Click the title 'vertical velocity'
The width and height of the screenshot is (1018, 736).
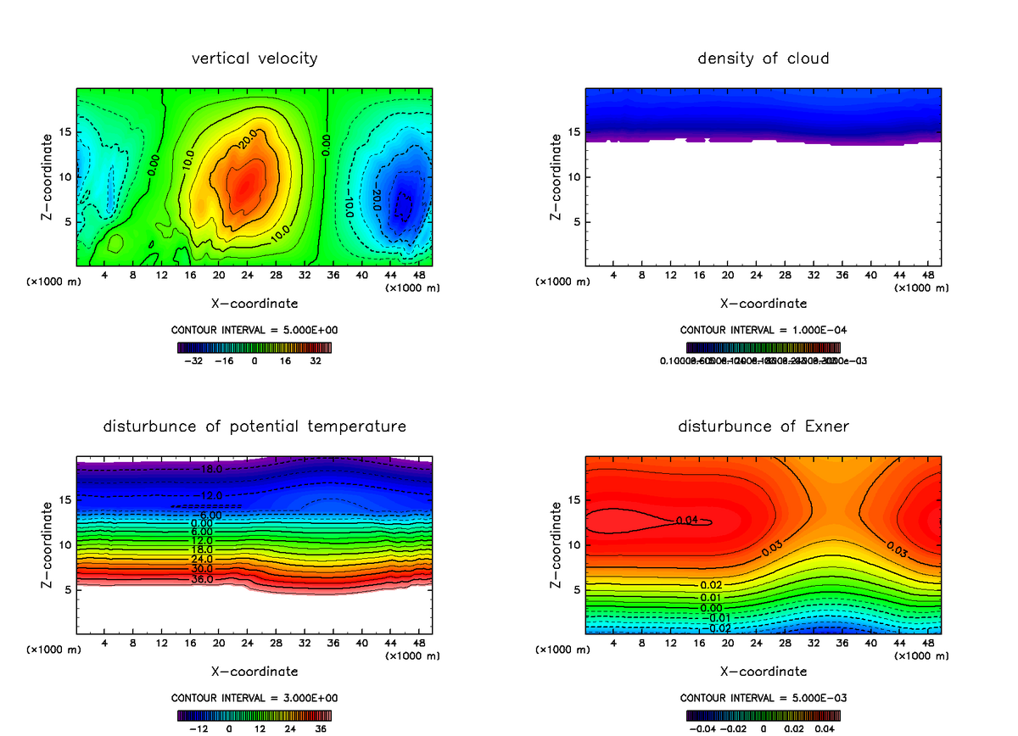[x=255, y=59]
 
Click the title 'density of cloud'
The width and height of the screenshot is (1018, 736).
[x=763, y=59]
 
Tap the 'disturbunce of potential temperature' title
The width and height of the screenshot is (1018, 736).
[x=255, y=426]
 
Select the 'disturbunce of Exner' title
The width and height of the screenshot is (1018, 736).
[x=763, y=426]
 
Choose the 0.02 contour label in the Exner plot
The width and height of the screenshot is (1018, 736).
[x=711, y=586]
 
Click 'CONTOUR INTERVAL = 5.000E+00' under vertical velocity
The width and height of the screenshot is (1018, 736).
[x=255, y=330]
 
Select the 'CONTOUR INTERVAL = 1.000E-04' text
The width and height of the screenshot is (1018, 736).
[x=763, y=330]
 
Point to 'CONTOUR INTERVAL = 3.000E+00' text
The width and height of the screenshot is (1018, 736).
[x=255, y=698]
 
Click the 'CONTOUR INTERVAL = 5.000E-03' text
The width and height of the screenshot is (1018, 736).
[x=763, y=698]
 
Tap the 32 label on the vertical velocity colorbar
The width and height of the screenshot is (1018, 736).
[x=315, y=360]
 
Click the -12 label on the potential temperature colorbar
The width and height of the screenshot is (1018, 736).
[x=198, y=728]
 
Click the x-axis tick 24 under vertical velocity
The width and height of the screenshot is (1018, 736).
[x=247, y=275]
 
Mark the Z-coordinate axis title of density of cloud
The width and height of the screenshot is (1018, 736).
[x=556, y=176]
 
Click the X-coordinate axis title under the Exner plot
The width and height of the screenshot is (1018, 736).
[x=763, y=671]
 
